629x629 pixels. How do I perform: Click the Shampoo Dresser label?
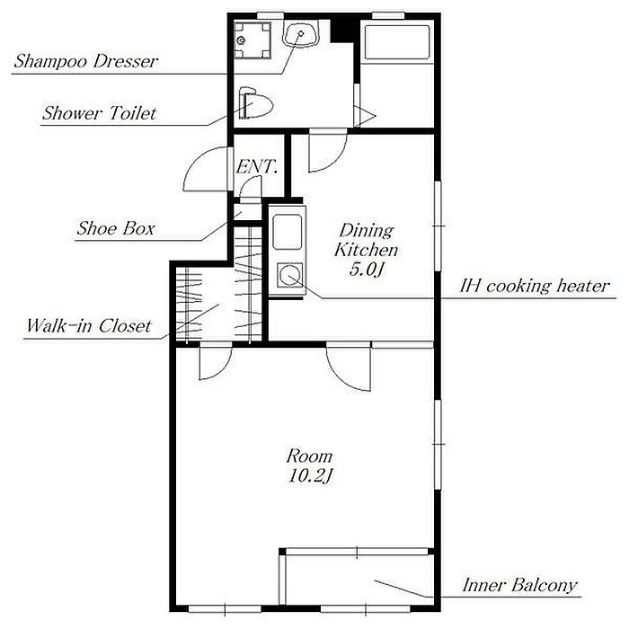86,61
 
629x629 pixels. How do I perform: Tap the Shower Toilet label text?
99,113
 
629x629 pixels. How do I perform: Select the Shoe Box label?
116,228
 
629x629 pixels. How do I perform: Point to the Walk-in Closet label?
89,325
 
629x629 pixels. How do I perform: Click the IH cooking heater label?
535,286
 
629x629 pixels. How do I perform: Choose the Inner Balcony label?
520,585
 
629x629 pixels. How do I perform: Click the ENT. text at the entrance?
257,166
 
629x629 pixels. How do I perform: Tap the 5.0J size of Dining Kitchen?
367,270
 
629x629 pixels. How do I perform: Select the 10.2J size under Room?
311,475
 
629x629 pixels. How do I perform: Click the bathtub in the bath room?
397,42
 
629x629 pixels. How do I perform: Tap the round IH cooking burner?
288,275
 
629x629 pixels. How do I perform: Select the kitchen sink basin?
287,232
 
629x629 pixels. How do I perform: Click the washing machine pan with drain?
252,40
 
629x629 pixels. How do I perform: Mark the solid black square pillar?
343,30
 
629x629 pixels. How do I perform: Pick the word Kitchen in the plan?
366,250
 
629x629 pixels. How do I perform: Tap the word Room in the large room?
309,456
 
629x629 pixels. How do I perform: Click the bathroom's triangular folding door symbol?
364,116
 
